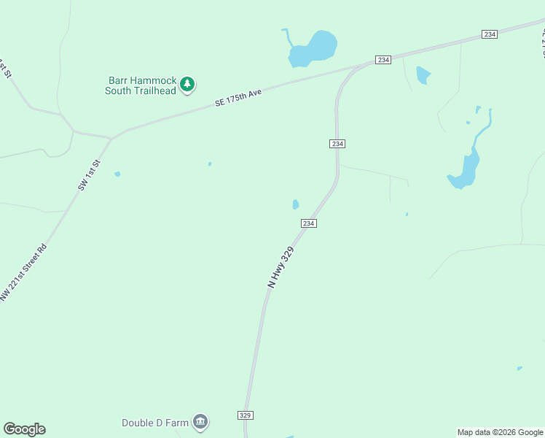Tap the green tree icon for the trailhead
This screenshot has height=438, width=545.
(x=188, y=85)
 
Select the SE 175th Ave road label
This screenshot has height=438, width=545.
(x=238, y=99)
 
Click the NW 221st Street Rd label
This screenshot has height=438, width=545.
(x=24, y=272)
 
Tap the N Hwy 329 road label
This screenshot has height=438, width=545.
(x=281, y=266)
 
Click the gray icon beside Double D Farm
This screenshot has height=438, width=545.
(x=200, y=422)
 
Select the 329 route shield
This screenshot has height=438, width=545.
(x=246, y=415)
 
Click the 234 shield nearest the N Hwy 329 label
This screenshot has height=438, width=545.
(x=308, y=223)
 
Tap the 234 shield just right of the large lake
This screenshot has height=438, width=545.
(x=383, y=60)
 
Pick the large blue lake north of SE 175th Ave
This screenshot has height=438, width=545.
(x=313, y=50)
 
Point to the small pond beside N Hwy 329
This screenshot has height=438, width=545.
(x=295, y=204)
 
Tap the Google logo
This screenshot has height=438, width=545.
(x=24, y=429)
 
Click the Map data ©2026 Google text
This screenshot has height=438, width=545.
(x=500, y=432)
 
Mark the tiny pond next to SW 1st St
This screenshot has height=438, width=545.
(x=117, y=174)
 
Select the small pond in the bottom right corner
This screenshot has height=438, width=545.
(x=519, y=368)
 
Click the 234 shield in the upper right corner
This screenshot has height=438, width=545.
(x=489, y=34)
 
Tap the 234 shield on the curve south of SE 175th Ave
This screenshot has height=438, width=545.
(x=337, y=144)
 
